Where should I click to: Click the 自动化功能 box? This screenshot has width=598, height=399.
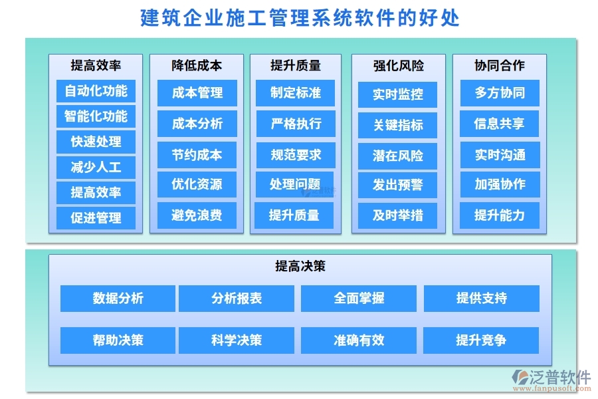click(x=96, y=90)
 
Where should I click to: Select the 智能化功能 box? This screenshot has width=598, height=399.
click(x=96, y=116)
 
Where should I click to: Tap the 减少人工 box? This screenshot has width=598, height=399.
click(x=96, y=167)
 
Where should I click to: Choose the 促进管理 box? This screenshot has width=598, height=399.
click(x=96, y=217)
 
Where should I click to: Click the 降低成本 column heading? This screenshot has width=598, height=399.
click(x=197, y=65)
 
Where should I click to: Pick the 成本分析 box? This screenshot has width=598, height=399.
click(x=197, y=124)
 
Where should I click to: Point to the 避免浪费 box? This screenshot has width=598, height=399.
click(x=197, y=215)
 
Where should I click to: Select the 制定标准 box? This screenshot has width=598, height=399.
click(x=295, y=93)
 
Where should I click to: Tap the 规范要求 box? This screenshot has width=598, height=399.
click(x=295, y=155)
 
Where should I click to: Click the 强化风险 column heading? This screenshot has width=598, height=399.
click(x=398, y=65)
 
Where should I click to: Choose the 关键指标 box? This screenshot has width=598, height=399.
click(x=397, y=125)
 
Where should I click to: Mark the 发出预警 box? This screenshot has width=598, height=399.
click(x=397, y=185)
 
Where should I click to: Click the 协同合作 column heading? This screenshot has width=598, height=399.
click(x=499, y=65)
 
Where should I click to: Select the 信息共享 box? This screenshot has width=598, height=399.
click(x=500, y=124)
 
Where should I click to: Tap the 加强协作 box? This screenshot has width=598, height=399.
click(x=500, y=184)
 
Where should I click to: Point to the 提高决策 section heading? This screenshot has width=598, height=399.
click(x=300, y=266)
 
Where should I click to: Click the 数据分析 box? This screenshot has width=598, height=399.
click(x=118, y=299)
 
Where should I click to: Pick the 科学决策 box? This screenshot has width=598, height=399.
click(x=236, y=340)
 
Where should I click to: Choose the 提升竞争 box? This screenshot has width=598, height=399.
click(x=481, y=340)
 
